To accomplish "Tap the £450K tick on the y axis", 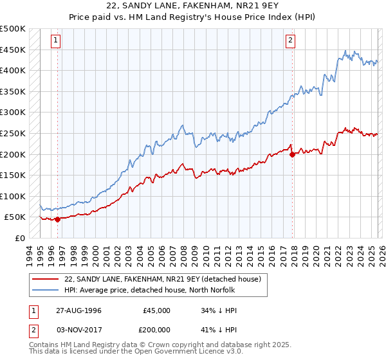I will [x=13, y=50].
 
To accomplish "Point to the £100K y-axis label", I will [x=13, y=196].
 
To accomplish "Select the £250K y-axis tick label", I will [x=13, y=133].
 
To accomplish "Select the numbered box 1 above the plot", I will [x=57, y=40].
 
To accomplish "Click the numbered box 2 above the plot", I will [x=291, y=40].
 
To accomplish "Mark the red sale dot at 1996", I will [x=58, y=219].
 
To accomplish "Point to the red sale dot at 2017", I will [x=292, y=154].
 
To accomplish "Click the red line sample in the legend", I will [x=45, y=279].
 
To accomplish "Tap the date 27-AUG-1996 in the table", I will [x=78, y=310].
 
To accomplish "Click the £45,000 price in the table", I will [x=156, y=310].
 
